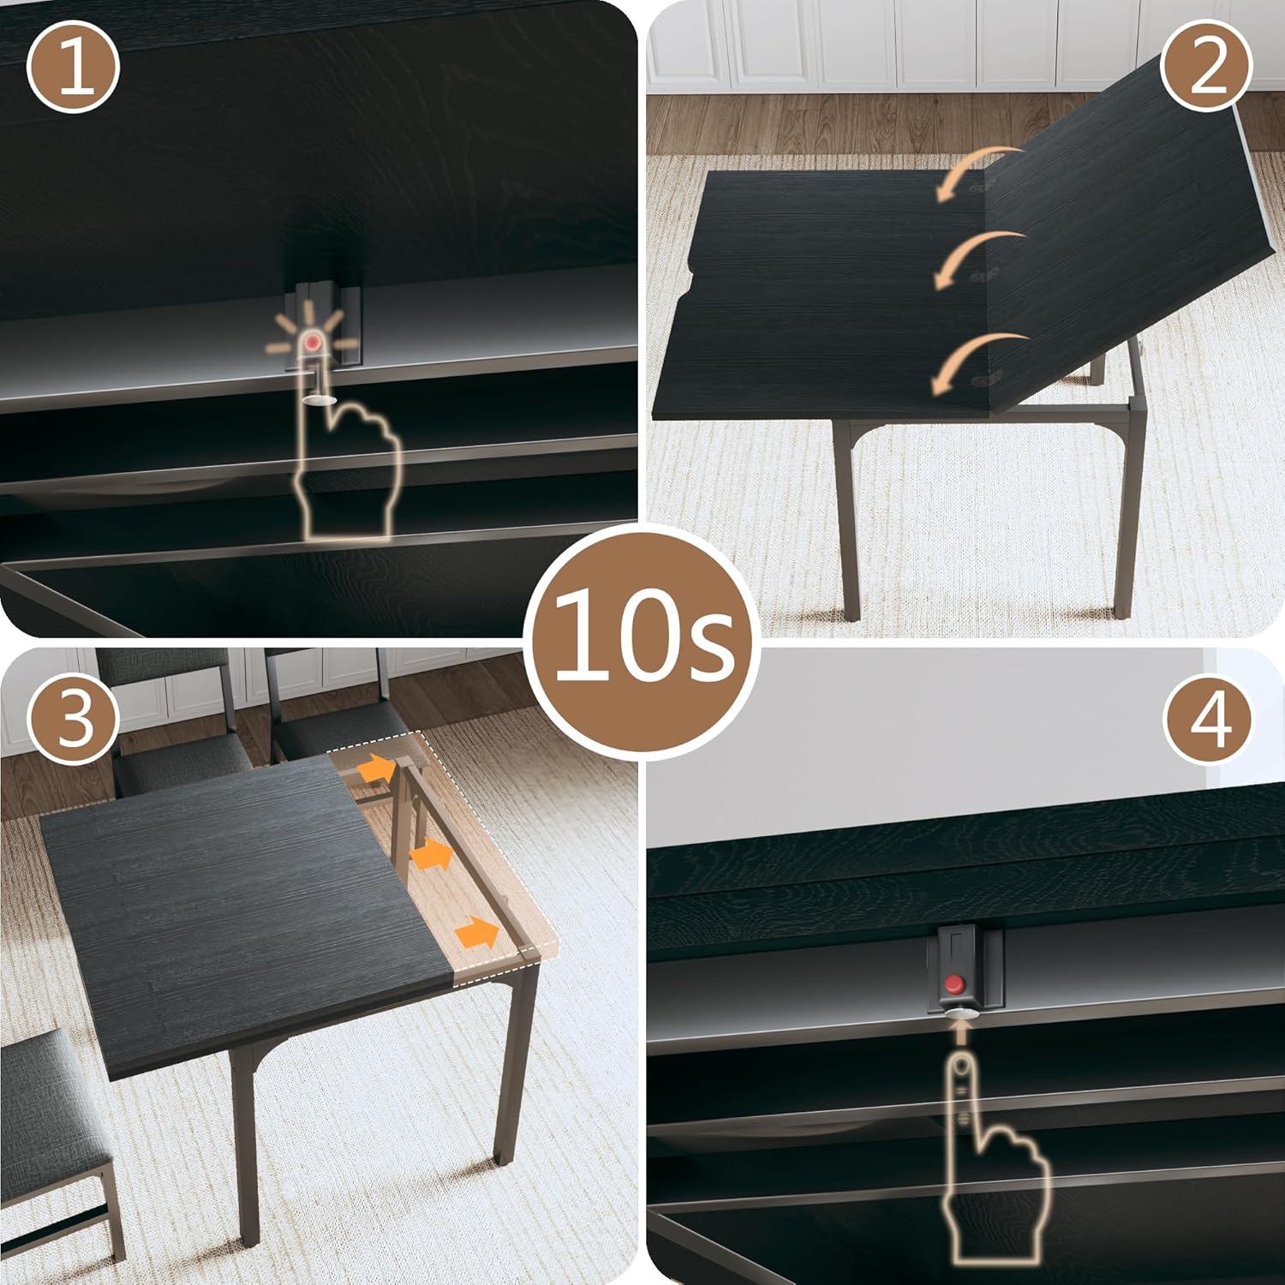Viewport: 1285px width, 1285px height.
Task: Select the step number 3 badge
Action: (x=74, y=718)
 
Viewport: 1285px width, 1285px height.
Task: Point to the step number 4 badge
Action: (x=1208, y=718)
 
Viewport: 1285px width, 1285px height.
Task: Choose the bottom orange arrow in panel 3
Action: (x=477, y=931)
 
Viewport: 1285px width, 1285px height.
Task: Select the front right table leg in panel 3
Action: (x=514, y=1071)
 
